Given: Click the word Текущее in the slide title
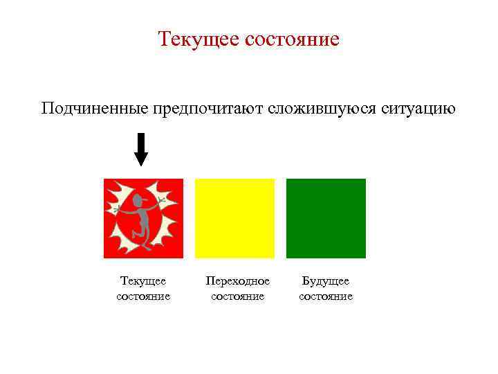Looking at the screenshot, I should (199, 39).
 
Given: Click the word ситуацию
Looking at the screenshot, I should (418, 109).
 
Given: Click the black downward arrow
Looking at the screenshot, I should (141, 148).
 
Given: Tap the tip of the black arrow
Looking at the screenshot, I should (141, 165).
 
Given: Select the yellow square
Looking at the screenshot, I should (234, 218).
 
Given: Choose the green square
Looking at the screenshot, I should (326, 218).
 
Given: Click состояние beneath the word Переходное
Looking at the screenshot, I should (237, 296).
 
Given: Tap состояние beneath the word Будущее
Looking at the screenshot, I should (326, 296).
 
